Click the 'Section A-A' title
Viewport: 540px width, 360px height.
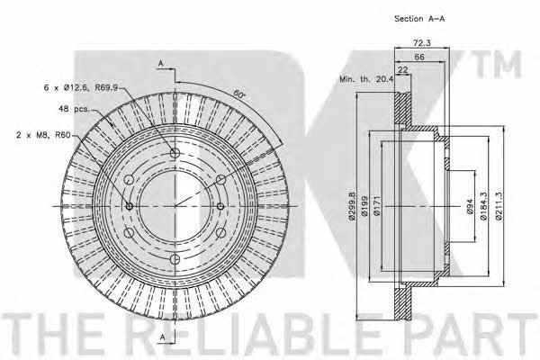(x=419, y=19)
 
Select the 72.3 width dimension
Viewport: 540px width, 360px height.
(x=421, y=42)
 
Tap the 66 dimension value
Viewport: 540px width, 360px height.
(x=419, y=57)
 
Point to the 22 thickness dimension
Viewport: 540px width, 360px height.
(x=402, y=69)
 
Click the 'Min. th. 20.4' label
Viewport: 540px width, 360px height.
(x=366, y=79)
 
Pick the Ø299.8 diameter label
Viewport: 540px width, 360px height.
(x=352, y=206)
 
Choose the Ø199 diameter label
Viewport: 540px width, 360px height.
(x=365, y=206)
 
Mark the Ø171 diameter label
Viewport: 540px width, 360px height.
(x=377, y=206)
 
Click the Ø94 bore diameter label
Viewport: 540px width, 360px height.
(x=471, y=206)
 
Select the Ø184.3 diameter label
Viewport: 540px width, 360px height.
(x=483, y=206)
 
